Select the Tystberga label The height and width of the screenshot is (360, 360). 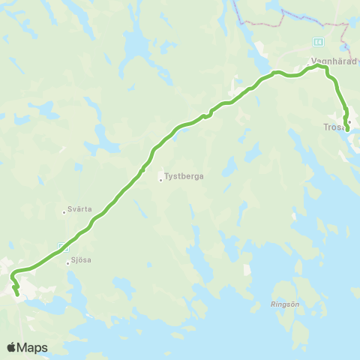pos(184,177)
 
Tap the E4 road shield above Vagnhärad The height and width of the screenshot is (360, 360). pos(319,41)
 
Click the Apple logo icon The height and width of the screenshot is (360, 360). pos(12,347)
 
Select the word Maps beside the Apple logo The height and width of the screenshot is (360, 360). pos(33,347)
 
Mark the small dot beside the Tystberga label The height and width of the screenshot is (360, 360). pos(160,178)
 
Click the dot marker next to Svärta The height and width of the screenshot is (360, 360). pos(64,212)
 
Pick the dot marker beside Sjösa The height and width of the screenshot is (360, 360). pos(67,262)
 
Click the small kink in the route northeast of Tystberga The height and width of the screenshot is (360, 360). pos(206,116)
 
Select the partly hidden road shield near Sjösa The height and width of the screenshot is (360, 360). pos(62,246)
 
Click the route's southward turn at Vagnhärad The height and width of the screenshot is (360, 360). pos(328,70)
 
